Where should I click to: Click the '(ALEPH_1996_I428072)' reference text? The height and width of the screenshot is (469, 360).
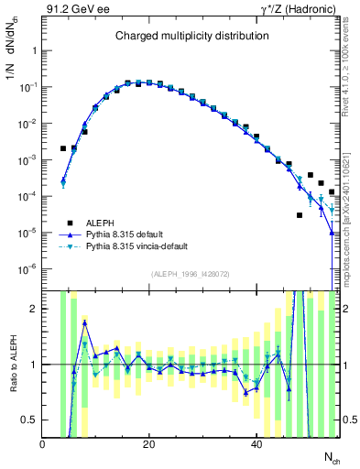pyautogui.click(x=191, y=274)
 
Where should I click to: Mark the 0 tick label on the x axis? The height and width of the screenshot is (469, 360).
pyautogui.click(x=43, y=444)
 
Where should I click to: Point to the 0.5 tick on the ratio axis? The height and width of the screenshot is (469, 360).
pyautogui.click(x=29, y=420)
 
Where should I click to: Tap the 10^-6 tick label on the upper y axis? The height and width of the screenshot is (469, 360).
pyautogui.click(x=26, y=268)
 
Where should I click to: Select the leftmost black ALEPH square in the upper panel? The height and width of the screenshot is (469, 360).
pyautogui.click(x=63, y=147)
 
